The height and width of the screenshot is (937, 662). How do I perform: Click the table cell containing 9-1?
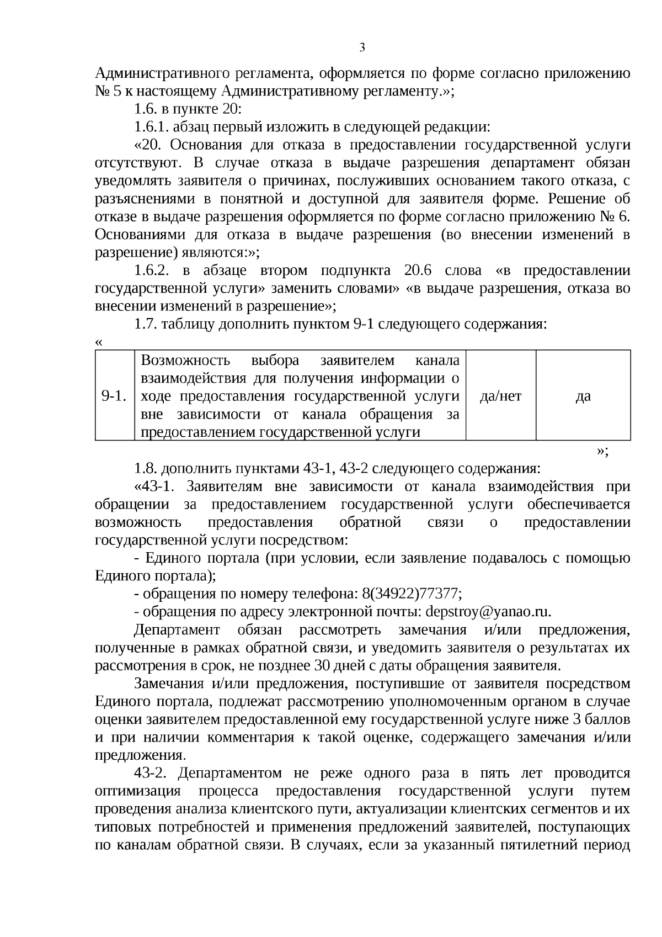click(115, 396)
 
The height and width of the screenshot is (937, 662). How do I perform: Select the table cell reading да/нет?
click(500, 396)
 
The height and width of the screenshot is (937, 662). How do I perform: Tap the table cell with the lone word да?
click(583, 396)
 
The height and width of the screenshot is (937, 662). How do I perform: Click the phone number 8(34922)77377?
click(412, 594)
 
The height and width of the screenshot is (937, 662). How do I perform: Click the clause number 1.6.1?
click(152, 127)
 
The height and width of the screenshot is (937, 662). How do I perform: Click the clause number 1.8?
click(146, 469)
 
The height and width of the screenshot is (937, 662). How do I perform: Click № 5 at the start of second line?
click(105, 92)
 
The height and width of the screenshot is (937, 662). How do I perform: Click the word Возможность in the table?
click(185, 361)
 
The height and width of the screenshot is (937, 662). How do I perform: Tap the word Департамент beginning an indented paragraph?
click(177, 630)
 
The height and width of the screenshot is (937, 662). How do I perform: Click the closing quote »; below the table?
click(602, 451)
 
